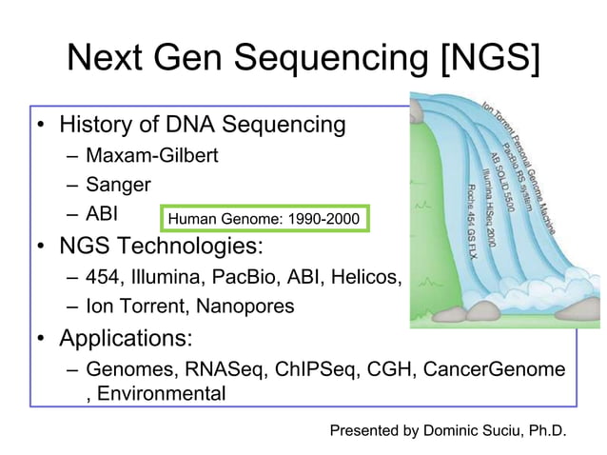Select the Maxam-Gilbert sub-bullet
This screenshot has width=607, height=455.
(151, 154)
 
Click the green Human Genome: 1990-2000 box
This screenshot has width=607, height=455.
(263, 221)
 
